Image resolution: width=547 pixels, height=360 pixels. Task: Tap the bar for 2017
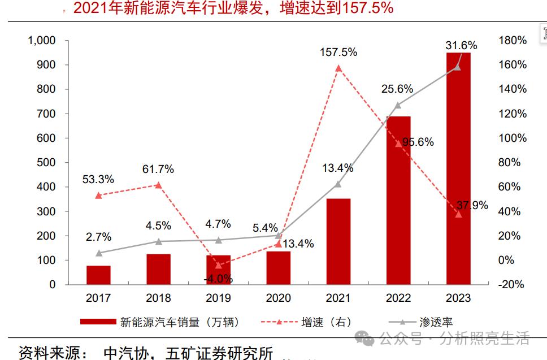click(98, 275)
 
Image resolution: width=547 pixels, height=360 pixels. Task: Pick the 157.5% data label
click(338, 52)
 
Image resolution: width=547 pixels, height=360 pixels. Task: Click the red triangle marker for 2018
click(158, 185)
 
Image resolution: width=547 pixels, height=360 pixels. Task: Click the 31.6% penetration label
click(461, 45)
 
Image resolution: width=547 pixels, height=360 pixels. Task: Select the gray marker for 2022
click(398, 105)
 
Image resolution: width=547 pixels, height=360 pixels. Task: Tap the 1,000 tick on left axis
click(42, 41)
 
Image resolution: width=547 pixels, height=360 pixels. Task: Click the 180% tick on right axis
click(513, 41)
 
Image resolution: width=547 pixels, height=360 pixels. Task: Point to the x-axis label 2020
click(278, 298)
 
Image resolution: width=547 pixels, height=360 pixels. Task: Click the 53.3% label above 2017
click(98, 179)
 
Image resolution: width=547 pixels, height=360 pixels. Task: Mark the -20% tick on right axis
click(512, 285)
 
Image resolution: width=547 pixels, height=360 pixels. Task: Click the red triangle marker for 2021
click(338, 68)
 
